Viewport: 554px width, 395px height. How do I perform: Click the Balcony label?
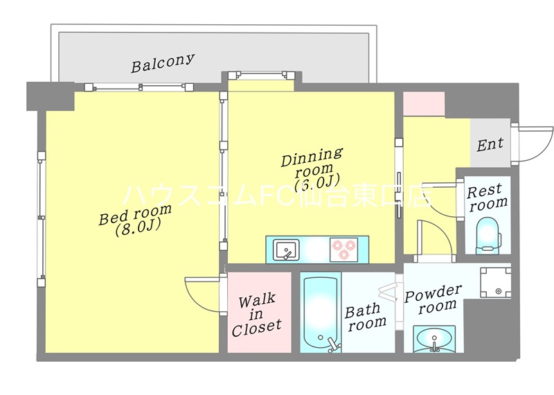click(163, 63)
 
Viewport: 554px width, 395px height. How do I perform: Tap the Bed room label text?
click(135, 214)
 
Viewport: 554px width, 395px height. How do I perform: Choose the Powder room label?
click(433, 299)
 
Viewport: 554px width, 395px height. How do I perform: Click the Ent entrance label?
click(490, 144)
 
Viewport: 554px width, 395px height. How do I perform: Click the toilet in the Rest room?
click(488, 235)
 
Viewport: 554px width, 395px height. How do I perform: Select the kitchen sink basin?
click(287, 250)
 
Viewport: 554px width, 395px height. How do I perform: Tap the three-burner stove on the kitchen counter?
click(343, 249)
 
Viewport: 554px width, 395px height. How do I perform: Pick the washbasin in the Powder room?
click(434, 340)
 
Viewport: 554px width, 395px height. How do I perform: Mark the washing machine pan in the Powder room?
click(495, 282)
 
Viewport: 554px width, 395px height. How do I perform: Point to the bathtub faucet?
click(334, 345)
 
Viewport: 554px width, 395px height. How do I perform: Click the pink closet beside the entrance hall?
click(424, 103)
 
